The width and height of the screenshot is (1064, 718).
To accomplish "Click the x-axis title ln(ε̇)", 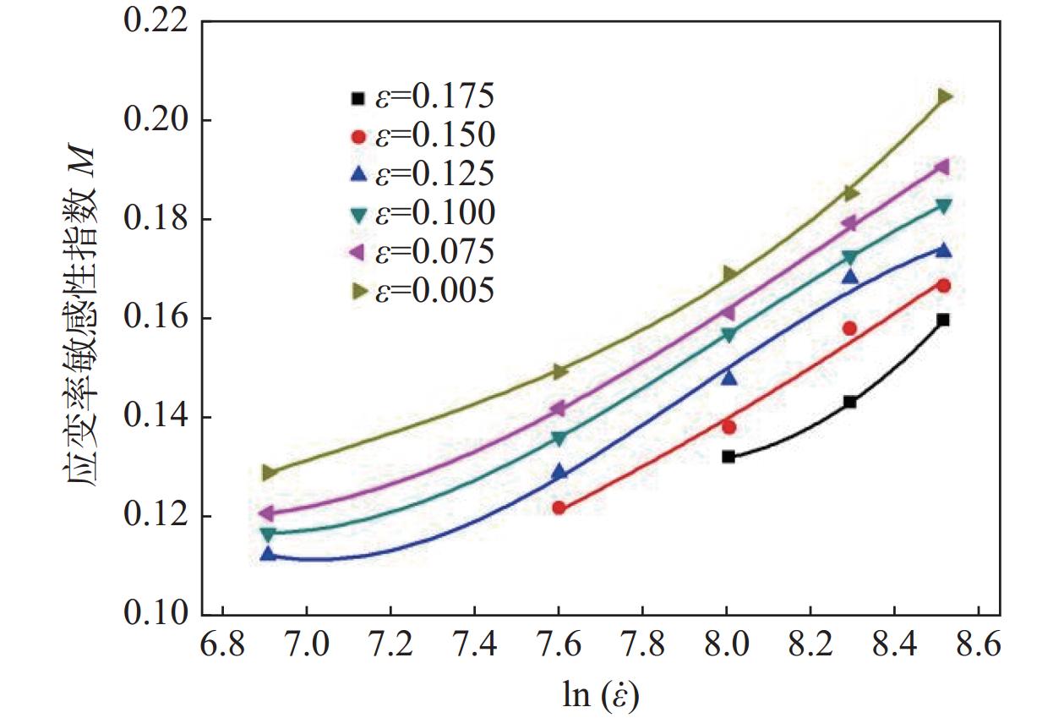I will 601,695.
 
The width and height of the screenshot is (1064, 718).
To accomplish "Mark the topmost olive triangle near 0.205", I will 944,96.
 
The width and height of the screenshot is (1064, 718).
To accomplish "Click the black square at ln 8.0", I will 728,457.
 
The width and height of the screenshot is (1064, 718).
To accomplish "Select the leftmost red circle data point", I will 559,507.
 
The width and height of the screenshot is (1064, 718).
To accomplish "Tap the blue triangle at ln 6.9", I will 269,553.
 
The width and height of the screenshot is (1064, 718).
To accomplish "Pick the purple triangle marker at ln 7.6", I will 558,409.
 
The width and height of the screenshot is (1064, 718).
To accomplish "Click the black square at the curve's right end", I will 943,320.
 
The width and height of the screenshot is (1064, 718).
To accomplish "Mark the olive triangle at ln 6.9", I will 269,473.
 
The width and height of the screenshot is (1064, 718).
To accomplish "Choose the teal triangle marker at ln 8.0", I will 728,335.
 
